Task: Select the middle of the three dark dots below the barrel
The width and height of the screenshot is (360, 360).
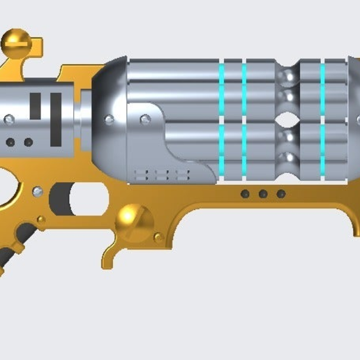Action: pyautogui.click(x=263, y=194)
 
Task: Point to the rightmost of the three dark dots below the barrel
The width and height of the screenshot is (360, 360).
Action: pyautogui.click(x=281, y=194)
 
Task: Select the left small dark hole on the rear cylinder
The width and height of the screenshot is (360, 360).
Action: pyautogui.click(x=10, y=142)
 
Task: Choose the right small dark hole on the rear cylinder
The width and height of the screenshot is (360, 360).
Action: pyautogui.click(x=28, y=142)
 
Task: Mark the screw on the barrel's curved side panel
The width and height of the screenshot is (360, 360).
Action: pyautogui.click(x=144, y=119)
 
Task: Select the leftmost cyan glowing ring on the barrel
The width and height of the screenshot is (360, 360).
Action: pyautogui.click(x=222, y=119)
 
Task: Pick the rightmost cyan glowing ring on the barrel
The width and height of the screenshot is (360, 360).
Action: pyautogui.click(x=322, y=119)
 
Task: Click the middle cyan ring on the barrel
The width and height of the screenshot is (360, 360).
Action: pyautogui.click(x=244, y=119)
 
